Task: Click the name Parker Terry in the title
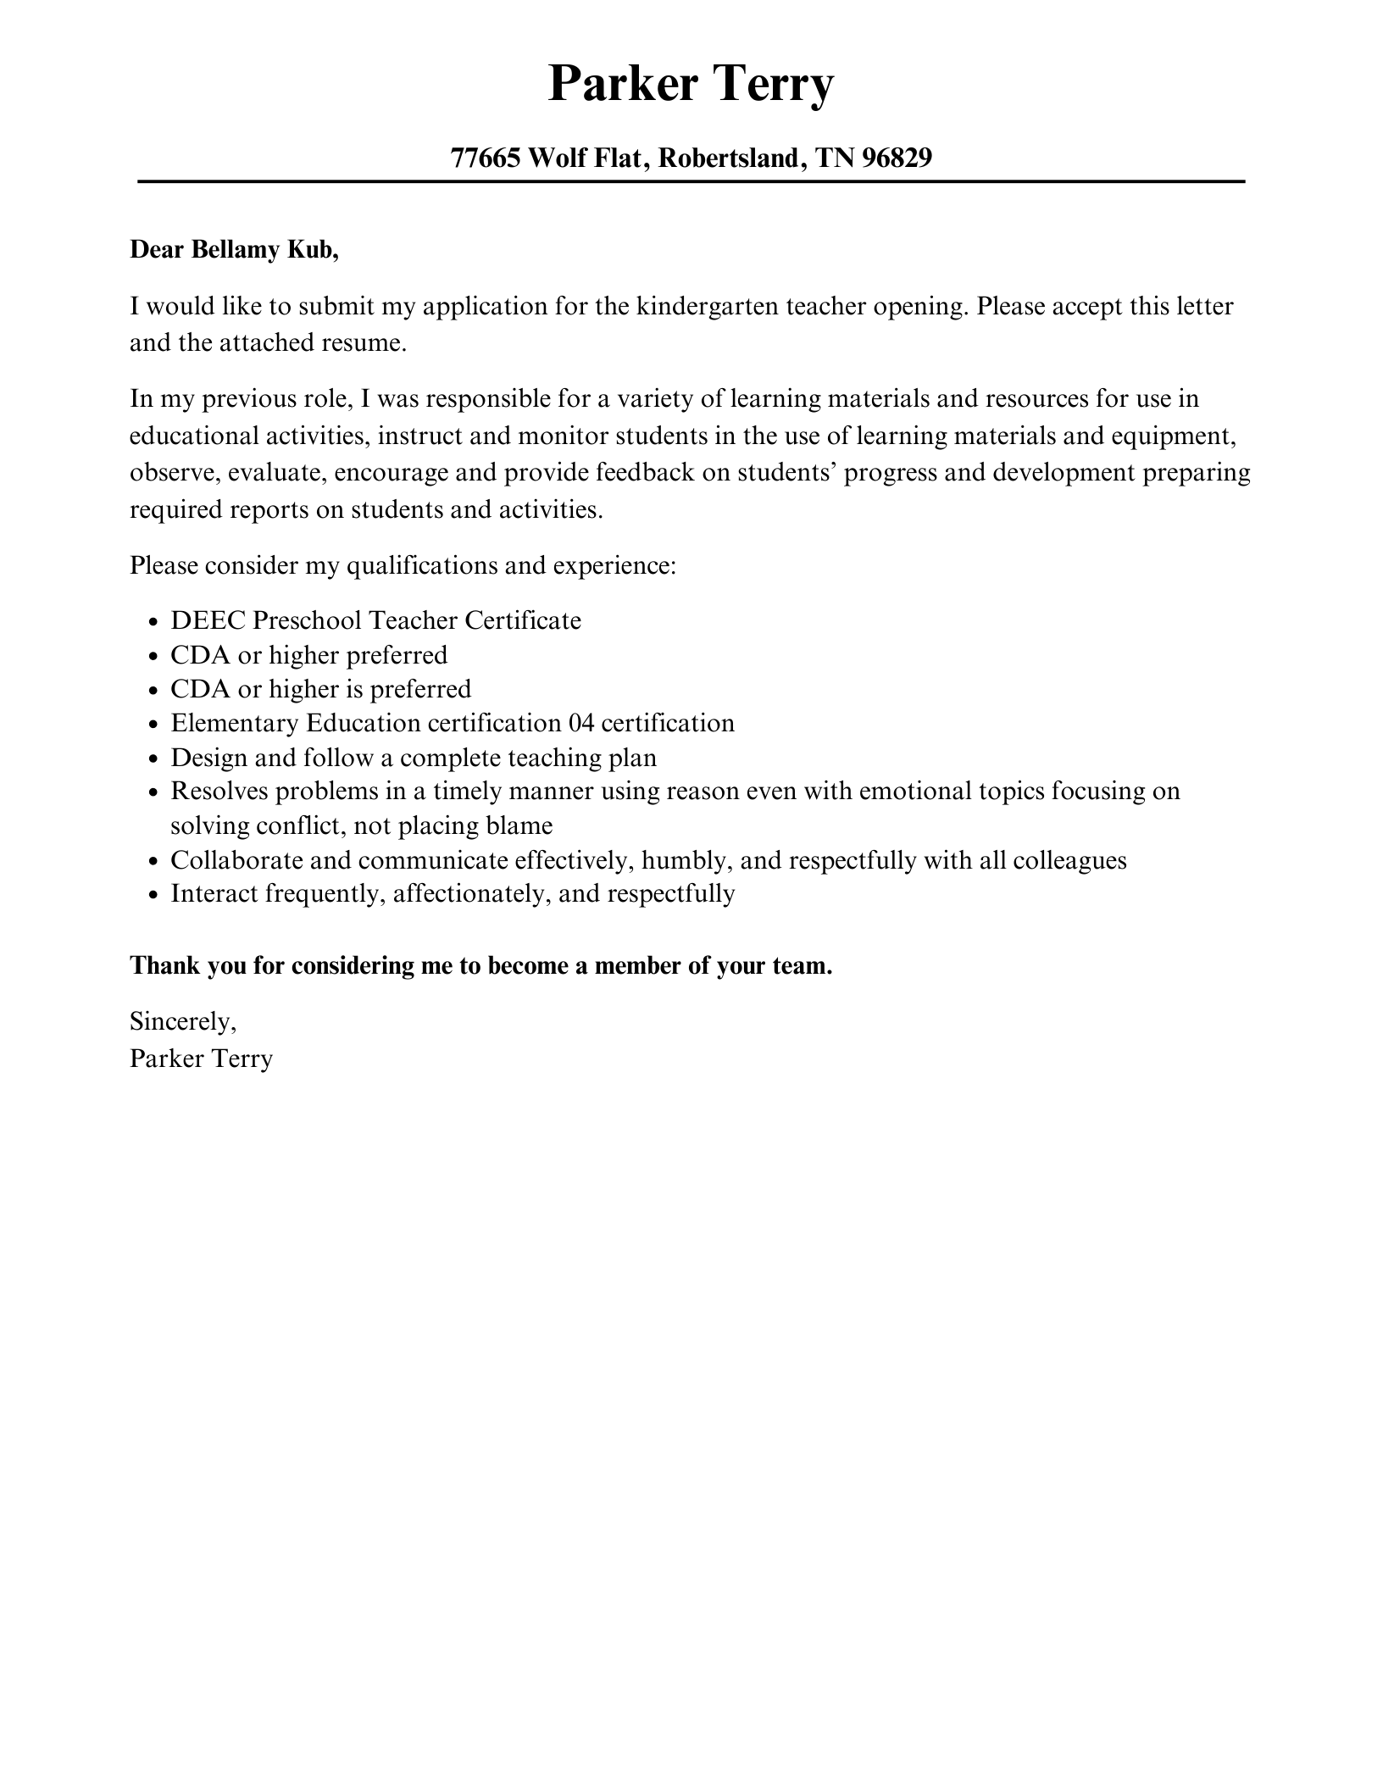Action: (x=691, y=84)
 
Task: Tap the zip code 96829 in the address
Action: (x=897, y=158)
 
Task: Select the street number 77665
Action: (x=485, y=158)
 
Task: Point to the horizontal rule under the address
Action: (x=691, y=181)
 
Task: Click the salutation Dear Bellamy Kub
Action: (x=234, y=250)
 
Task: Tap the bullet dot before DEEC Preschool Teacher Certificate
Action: (x=153, y=623)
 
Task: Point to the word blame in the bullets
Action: (x=519, y=825)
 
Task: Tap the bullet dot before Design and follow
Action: (x=153, y=759)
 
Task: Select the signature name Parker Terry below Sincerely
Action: (x=201, y=1058)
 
